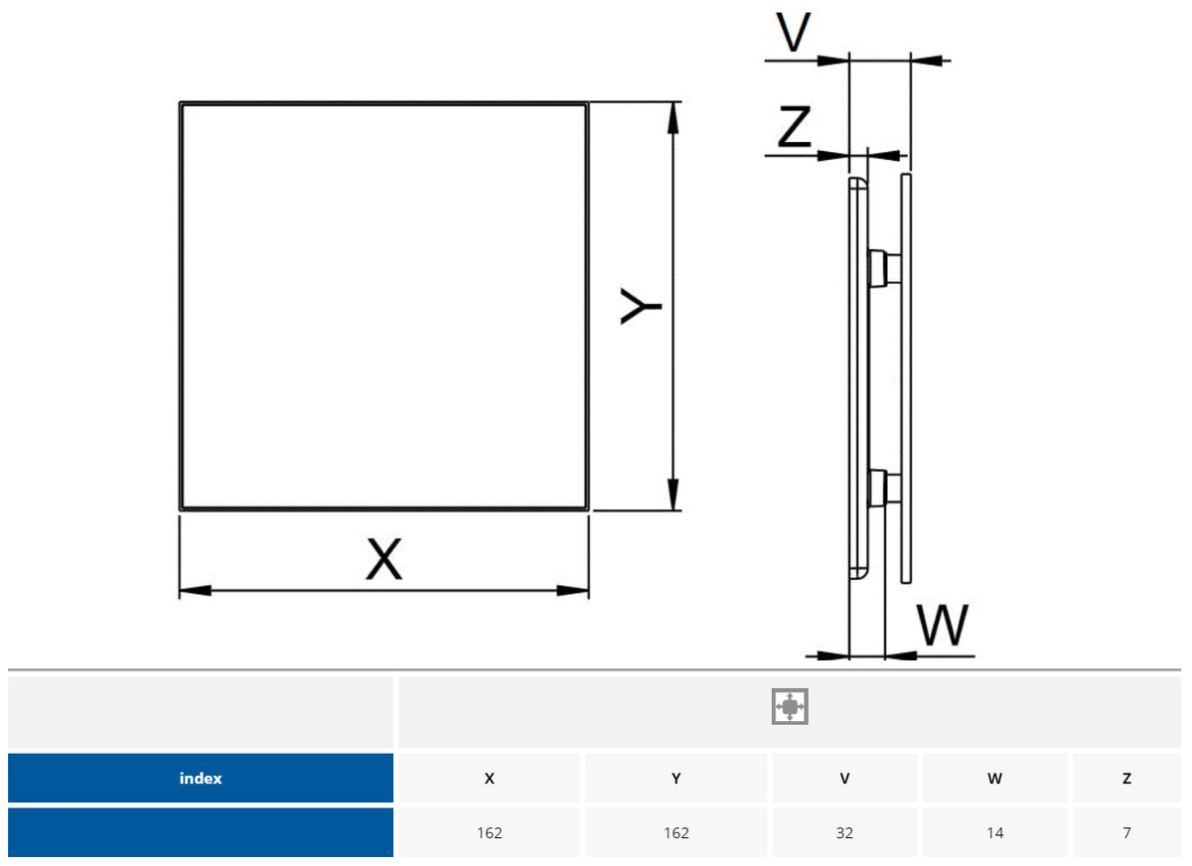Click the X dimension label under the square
point(383,559)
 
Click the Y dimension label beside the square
point(642,306)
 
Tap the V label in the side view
point(793,34)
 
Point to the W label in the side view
point(941,626)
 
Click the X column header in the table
point(489,779)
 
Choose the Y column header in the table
point(675,779)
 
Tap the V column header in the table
point(844,779)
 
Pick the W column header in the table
point(994,779)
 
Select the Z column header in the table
point(1126,779)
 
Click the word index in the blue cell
point(201,779)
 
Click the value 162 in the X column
point(489,833)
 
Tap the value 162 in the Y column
point(675,833)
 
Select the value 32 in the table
point(844,833)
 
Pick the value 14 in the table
point(994,833)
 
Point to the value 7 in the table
point(1126,833)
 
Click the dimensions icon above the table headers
point(790,706)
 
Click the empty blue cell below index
point(201,832)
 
